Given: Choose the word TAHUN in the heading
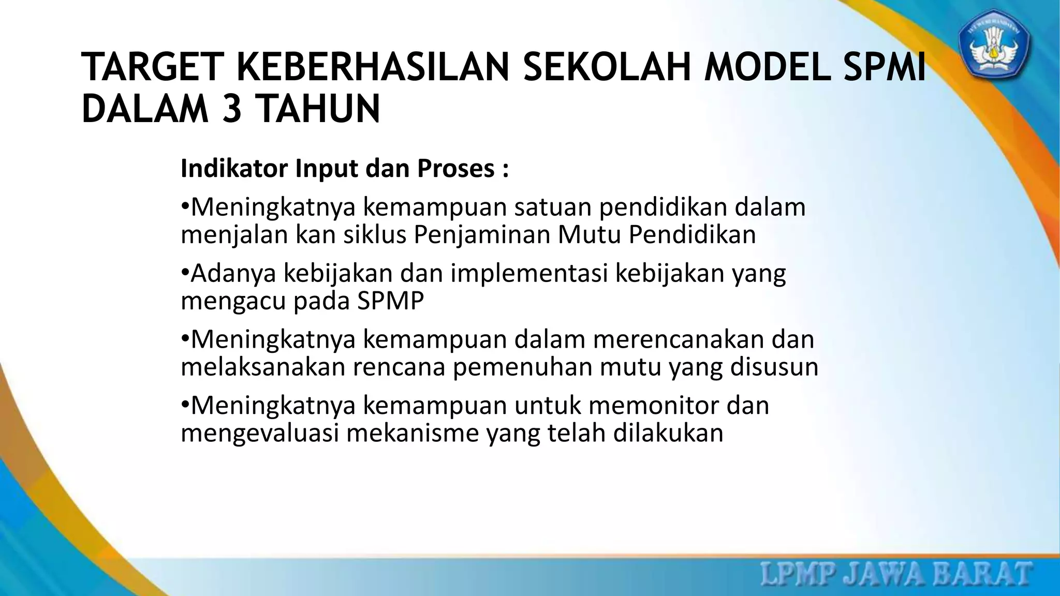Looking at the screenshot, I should coord(318,109).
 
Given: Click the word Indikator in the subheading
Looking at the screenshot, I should coord(233,168).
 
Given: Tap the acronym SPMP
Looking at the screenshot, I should coord(390,301).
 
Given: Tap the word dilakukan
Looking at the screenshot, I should coord(668,433).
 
